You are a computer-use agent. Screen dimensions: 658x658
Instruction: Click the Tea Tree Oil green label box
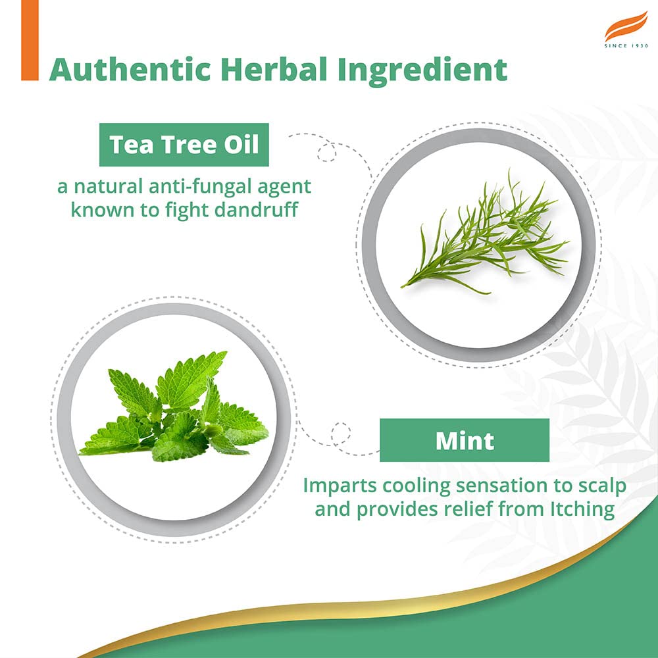[x=184, y=145]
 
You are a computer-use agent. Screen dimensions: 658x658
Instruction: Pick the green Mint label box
[x=464, y=440]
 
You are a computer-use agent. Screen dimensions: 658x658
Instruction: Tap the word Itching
[x=582, y=509]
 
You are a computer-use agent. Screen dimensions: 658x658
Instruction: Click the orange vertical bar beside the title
[x=30, y=41]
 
